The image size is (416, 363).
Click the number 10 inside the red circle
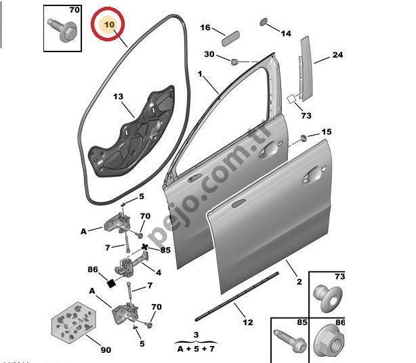point(109,24)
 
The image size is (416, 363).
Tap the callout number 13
point(119,96)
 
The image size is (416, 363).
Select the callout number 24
point(337,55)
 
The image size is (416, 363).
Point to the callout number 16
point(205,27)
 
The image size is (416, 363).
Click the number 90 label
point(106,350)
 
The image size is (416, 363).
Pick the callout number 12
point(248,322)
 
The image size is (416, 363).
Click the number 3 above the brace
point(196,335)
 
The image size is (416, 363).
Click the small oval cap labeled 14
point(264,22)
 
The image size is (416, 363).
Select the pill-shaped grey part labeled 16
point(231,39)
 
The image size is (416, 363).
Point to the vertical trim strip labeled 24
point(306,68)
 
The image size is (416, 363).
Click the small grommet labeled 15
point(304,138)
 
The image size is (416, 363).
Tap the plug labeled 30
point(234,62)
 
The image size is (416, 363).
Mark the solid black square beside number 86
point(111,283)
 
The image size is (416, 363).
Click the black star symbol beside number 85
point(144,247)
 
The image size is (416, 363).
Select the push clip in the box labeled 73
point(328,298)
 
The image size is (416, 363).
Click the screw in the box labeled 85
point(290,341)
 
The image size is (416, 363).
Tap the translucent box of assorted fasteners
point(74,322)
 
